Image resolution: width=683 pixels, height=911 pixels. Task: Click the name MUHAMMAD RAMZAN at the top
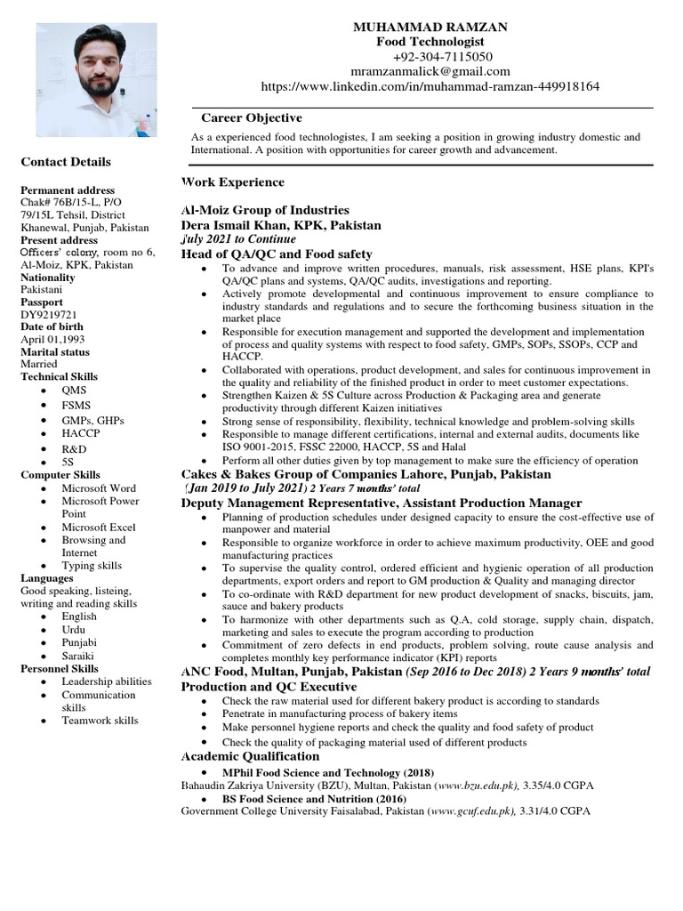coord(430,28)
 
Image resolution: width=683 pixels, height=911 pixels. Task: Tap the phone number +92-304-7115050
coord(430,57)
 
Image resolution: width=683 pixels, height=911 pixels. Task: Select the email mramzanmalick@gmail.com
coord(430,71)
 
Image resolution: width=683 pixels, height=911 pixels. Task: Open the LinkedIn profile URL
coord(430,86)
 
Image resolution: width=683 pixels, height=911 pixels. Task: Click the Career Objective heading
coord(251,117)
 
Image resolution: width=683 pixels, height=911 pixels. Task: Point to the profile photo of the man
coord(96,79)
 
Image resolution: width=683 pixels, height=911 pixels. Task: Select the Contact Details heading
coord(66,162)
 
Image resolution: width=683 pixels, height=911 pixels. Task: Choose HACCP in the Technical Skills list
coord(81,433)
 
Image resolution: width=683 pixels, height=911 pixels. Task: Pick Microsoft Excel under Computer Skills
coord(99,528)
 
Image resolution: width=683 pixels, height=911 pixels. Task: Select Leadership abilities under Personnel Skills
coord(107,681)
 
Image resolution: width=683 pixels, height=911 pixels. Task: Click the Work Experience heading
coord(233,182)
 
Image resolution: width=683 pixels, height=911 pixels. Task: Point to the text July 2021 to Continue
coord(239,239)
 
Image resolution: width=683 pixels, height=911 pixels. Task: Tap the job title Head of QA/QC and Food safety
coord(277,254)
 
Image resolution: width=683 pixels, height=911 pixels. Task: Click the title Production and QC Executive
coord(269,687)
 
